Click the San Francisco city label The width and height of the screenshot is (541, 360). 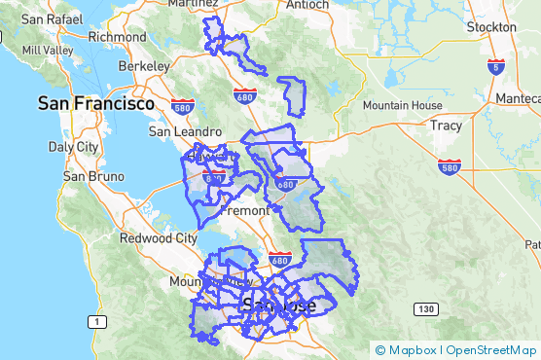(96, 102)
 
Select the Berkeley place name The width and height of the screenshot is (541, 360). (144, 65)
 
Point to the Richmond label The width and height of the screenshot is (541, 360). (117, 37)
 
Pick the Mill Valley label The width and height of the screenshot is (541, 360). (47, 50)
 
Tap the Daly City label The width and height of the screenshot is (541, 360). (74, 147)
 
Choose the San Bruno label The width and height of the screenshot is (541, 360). (93, 177)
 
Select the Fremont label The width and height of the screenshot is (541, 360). (244, 210)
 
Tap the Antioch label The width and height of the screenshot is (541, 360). (308, 5)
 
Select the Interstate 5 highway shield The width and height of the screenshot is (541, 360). (497, 67)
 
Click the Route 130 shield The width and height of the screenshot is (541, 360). (425, 309)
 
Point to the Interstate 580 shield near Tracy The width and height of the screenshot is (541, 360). (449, 166)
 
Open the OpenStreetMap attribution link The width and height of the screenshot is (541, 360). (490, 350)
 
